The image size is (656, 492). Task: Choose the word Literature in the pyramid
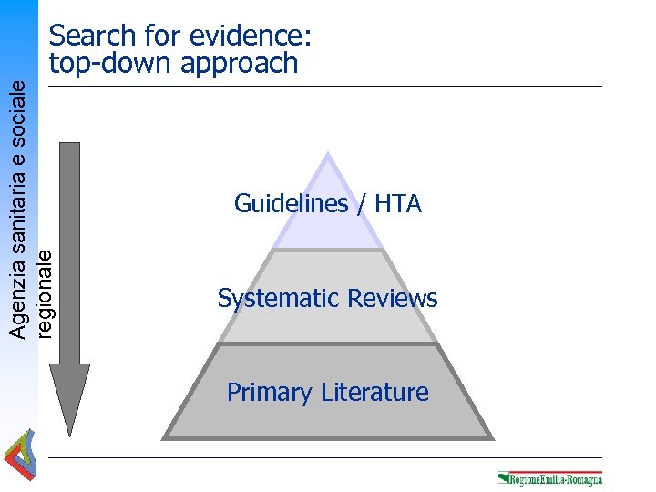[x=374, y=393]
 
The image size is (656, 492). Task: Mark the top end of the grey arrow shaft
[x=69, y=146]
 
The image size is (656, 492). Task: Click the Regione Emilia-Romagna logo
[x=549, y=478]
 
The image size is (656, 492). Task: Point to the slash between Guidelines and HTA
[x=362, y=204]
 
